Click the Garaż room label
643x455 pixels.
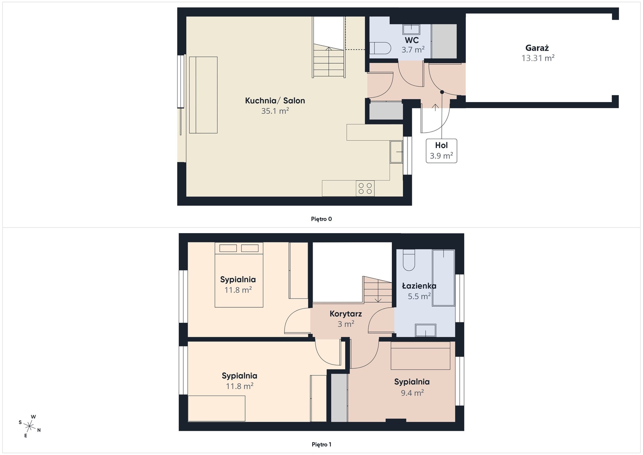(537, 48)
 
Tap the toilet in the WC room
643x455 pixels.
(380, 49)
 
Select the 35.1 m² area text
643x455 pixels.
(275, 111)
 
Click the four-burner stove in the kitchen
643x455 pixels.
(365, 189)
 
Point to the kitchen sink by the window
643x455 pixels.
(396, 152)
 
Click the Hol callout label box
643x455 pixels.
(441, 151)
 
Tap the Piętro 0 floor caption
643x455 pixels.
(321, 219)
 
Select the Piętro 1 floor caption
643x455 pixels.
(321, 445)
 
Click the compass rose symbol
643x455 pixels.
(30, 426)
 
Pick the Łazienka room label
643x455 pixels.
(419, 286)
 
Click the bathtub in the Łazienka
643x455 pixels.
(443, 277)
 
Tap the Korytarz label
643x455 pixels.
(346, 314)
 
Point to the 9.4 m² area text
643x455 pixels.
(412, 393)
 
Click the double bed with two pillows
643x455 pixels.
(239, 275)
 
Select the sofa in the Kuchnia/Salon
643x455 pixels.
(203, 95)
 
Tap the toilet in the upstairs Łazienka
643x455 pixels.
(409, 260)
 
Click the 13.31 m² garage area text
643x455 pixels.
(538, 58)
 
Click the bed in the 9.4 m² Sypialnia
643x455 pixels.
(420, 356)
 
